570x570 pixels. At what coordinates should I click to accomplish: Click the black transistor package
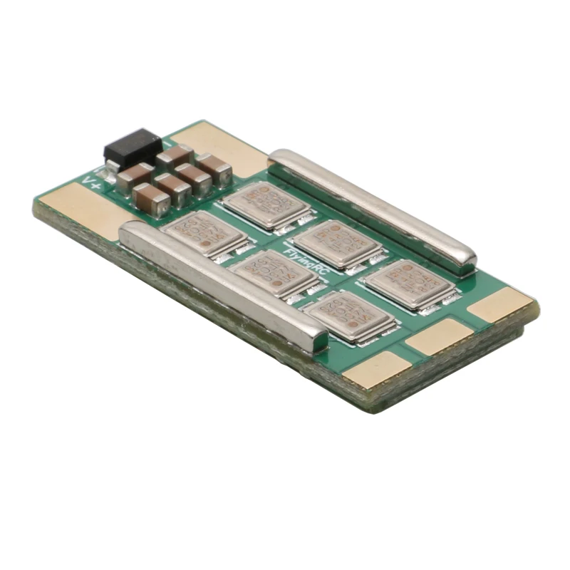(133, 147)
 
